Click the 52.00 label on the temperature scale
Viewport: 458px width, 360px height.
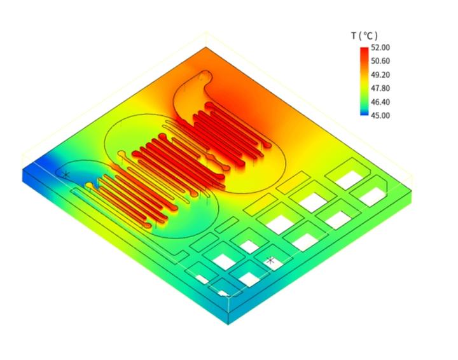pos(380,48)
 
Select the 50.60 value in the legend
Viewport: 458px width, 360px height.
pos(380,61)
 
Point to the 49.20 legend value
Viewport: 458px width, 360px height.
pos(380,74)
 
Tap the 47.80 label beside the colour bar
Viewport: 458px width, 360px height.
pos(380,88)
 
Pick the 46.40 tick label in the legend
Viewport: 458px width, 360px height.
pos(380,102)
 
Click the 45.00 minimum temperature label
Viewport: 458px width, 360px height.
pos(380,115)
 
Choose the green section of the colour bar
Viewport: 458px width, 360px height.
pos(363,98)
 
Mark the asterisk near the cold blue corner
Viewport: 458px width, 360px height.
pos(65,174)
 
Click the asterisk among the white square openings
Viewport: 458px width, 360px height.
pos(270,260)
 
